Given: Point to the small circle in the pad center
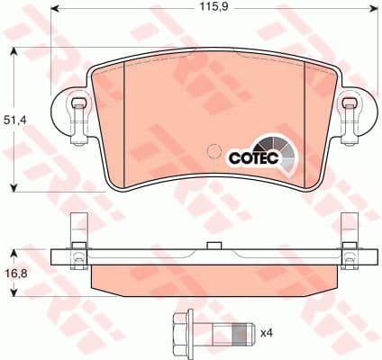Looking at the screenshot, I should pos(214,151).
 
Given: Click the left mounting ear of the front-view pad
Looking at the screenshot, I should pos(76,113).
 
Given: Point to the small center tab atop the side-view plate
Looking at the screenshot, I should pos(213,246).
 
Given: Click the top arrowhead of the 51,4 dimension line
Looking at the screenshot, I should pos(14,50).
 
